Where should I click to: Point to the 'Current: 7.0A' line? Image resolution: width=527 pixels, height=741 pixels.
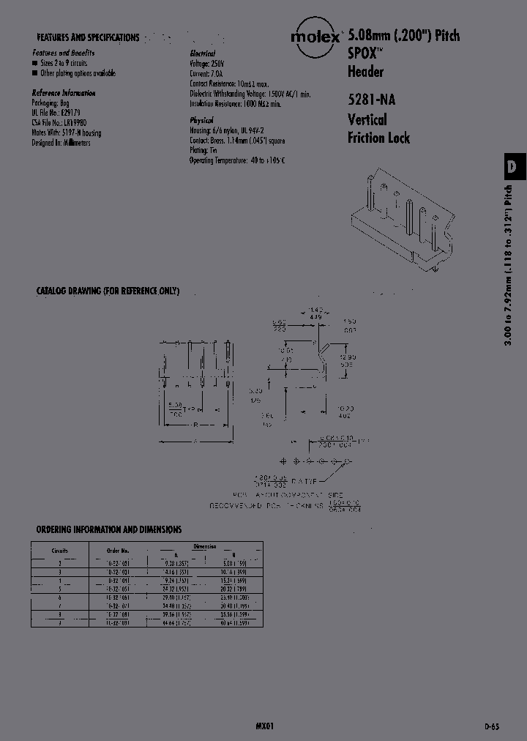tap(206, 74)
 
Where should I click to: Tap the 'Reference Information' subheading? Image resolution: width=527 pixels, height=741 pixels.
tap(64, 93)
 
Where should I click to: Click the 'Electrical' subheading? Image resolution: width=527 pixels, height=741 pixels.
tap(203, 53)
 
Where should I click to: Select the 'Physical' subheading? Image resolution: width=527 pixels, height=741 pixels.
tap(202, 119)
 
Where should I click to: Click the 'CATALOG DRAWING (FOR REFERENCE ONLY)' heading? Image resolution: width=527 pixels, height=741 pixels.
tap(108, 291)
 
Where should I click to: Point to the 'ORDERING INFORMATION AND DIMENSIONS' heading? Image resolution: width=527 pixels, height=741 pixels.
tap(109, 529)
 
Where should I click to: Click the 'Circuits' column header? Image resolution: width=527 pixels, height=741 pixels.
tap(60, 550)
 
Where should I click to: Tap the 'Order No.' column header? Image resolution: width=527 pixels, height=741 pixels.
tap(118, 550)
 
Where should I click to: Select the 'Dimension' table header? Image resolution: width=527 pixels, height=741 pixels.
tap(204, 546)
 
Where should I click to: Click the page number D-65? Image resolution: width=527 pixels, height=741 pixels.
tap(493, 726)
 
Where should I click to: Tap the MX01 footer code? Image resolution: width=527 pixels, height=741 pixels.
tap(265, 726)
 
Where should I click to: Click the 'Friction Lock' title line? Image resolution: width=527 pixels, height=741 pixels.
tap(378, 138)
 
